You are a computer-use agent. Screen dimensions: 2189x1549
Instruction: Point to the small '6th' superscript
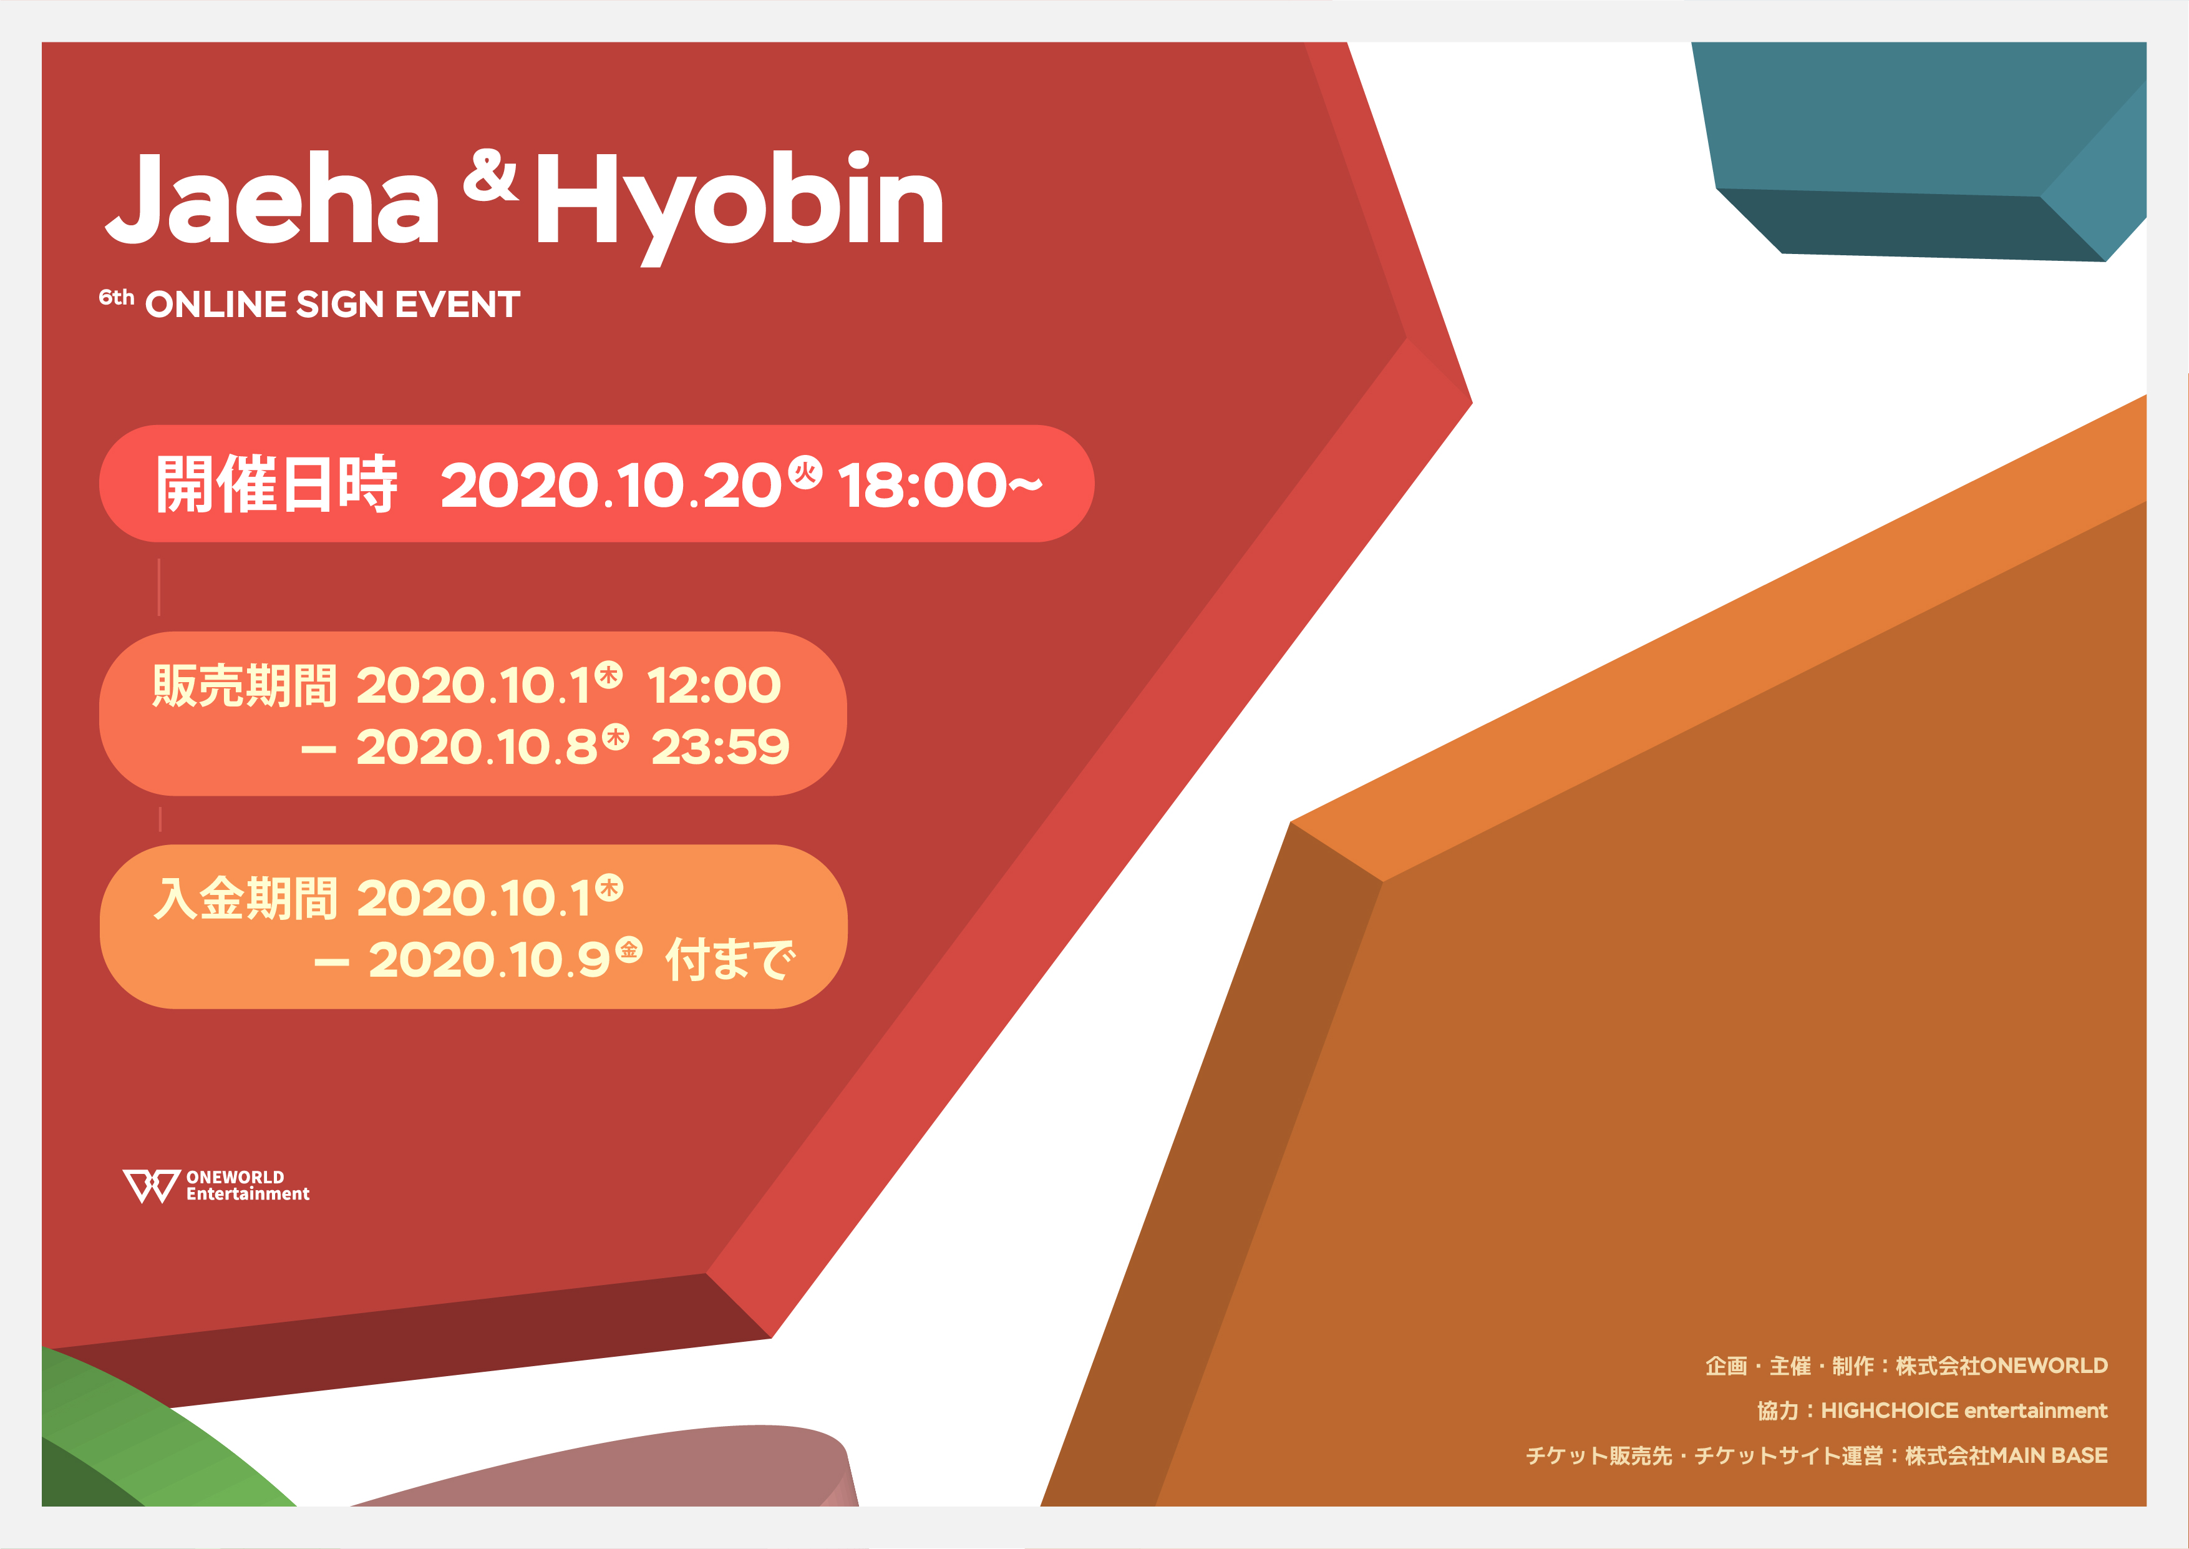(116, 298)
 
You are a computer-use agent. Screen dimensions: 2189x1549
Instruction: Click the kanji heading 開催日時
(276, 484)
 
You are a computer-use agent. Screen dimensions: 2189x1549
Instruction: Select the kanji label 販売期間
(245, 686)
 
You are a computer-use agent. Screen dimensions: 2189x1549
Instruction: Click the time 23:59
(721, 747)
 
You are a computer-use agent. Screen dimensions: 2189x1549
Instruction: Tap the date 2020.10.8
(477, 747)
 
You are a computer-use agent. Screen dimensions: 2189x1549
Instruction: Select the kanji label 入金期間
(245, 899)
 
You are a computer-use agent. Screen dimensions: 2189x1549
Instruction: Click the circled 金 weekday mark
(628, 950)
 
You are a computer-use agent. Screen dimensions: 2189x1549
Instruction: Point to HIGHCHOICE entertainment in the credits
(1964, 1410)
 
